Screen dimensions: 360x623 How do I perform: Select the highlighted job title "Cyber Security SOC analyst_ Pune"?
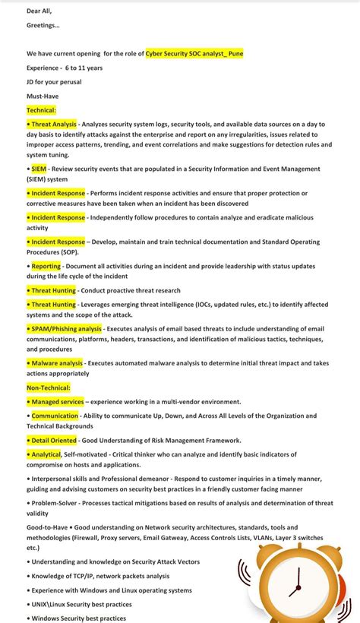[x=194, y=54]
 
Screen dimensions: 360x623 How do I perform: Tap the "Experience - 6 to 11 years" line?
[x=65, y=68]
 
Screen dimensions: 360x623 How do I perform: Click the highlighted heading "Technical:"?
[x=41, y=110]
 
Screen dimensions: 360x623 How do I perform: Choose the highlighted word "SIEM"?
[x=39, y=169]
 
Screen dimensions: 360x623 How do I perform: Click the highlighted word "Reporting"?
[x=46, y=267]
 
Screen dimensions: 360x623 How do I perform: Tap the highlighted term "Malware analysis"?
[x=57, y=363]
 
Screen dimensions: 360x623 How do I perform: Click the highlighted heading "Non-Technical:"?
[x=49, y=387]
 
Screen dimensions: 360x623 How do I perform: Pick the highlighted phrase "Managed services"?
[x=57, y=401]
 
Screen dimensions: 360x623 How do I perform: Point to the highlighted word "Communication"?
[x=55, y=416]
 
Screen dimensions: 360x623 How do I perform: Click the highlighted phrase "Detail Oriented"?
[x=53, y=441]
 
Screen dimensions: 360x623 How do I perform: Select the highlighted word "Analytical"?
[x=46, y=454]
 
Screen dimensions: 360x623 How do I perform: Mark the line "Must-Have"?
[x=43, y=96]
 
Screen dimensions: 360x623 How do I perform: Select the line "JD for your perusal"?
[x=54, y=82]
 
